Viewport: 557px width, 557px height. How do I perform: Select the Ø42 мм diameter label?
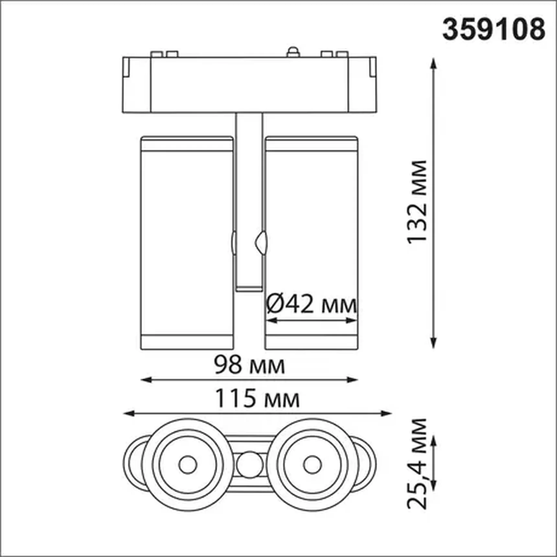click(x=311, y=304)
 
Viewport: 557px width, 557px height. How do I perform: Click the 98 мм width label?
click(x=249, y=365)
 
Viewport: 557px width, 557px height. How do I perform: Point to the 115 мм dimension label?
click(x=257, y=399)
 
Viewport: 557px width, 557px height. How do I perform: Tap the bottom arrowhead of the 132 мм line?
click(x=434, y=344)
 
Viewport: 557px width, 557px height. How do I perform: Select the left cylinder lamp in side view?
click(x=187, y=243)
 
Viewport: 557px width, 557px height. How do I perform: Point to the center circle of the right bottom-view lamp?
click(x=312, y=465)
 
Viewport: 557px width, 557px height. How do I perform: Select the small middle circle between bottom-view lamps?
click(x=249, y=465)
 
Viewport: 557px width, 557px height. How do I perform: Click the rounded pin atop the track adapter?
click(x=293, y=52)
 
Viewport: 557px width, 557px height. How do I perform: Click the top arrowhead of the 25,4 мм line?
click(x=434, y=440)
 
